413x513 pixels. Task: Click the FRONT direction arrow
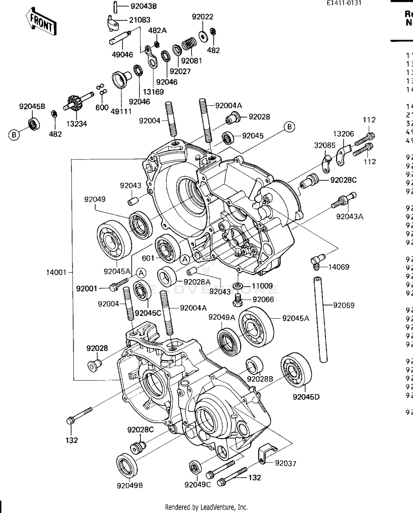[41, 22]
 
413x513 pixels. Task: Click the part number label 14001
[56, 272]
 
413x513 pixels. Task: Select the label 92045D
[306, 397]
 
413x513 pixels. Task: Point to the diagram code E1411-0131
[344, 3]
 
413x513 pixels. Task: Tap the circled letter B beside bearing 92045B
[14, 135]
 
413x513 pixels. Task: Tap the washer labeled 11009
[237, 285]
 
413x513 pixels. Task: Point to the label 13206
[343, 134]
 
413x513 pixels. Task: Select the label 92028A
[197, 282]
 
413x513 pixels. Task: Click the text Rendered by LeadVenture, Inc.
[206, 507]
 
